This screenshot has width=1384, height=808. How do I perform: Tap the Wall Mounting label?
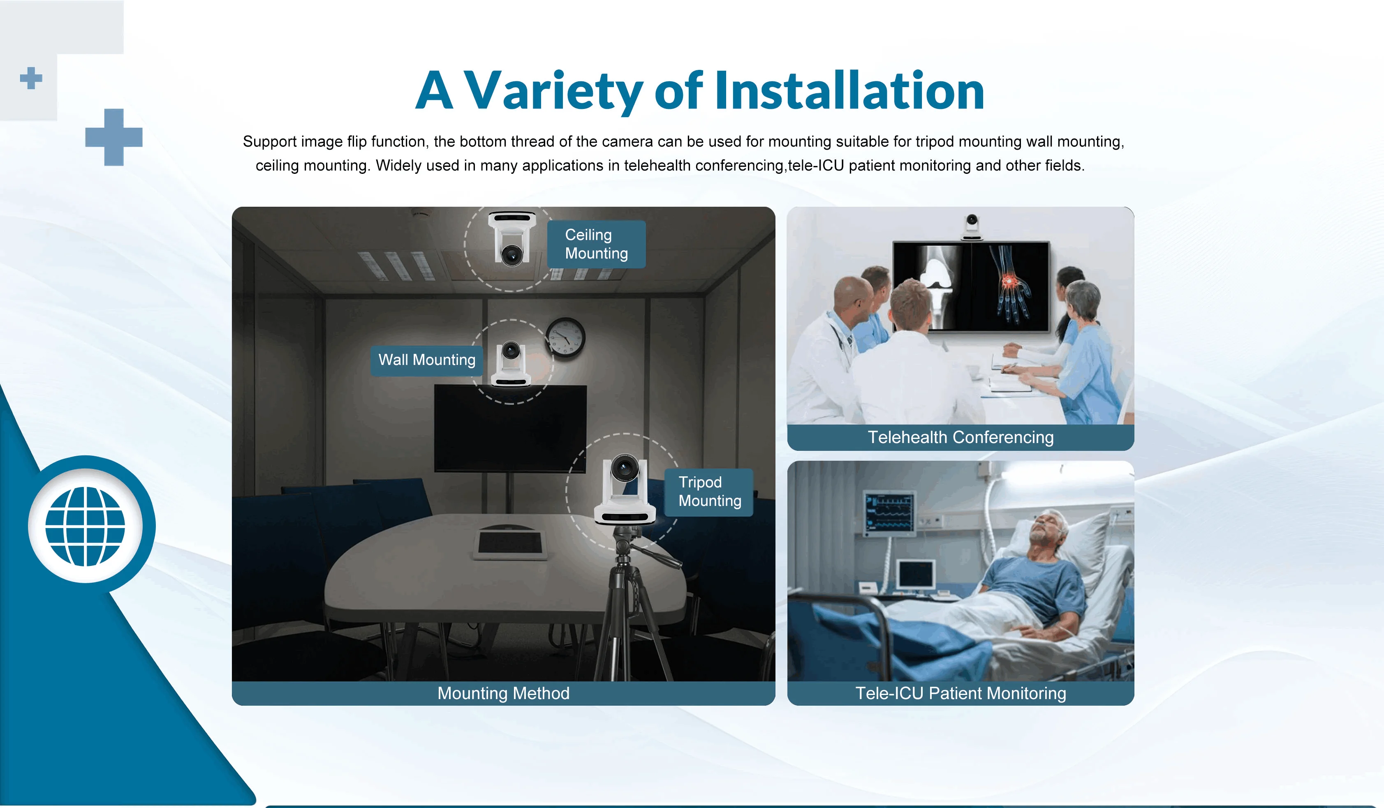[x=427, y=360]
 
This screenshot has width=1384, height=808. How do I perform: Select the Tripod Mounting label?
[x=709, y=492]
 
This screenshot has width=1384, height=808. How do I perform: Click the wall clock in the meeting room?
[x=565, y=337]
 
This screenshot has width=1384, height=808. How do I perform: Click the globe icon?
[x=85, y=526]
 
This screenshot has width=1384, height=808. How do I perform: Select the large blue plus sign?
[x=113, y=137]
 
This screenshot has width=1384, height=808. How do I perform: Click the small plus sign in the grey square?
[x=31, y=78]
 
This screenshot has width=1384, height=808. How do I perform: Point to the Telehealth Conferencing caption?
[x=960, y=437]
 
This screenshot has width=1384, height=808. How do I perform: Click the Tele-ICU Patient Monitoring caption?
[x=960, y=693]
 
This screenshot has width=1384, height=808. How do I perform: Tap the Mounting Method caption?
[x=503, y=693]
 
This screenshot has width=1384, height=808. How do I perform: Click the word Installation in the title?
[x=849, y=91]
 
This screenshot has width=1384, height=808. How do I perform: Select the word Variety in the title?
[x=553, y=91]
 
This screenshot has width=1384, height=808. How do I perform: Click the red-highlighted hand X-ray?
[x=1009, y=286]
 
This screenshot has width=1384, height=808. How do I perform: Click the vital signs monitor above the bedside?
[x=890, y=512]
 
